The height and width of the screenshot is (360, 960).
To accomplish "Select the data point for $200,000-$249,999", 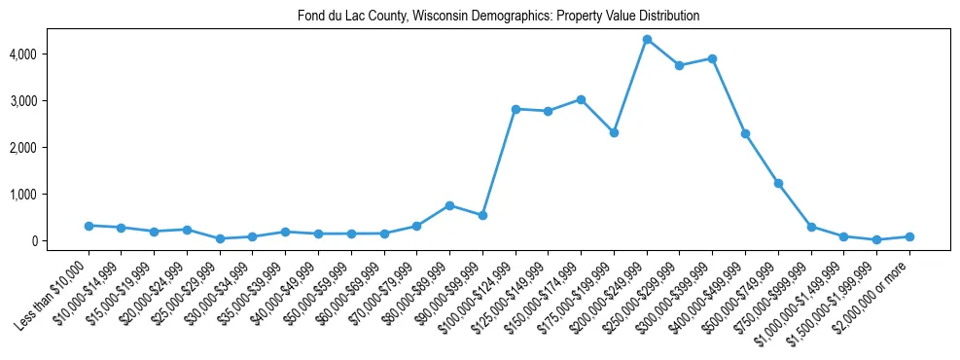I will [x=647, y=39].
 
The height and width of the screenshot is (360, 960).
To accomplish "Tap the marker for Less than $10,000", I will [x=89, y=226].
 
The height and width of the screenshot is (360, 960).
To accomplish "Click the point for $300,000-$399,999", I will [x=713, y=58].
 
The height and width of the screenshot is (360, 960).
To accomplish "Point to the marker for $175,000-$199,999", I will [x=614, y=132].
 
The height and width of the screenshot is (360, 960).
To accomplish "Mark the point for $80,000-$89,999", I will [x=449, y=205].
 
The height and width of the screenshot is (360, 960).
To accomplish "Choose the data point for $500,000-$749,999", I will [x=778, y=183].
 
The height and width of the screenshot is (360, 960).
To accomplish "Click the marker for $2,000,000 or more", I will [x=909, y=236].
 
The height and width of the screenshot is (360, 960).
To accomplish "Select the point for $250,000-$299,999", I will [x=680, y=65].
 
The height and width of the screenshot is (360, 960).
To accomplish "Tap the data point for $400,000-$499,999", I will [x=745, y=133].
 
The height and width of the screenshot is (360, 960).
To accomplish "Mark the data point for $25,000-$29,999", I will [x=220, y=238].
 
